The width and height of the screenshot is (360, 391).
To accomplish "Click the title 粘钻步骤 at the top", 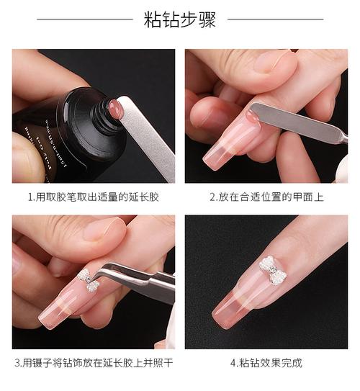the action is coord(179,19).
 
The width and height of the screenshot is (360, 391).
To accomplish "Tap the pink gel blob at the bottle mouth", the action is coord(114,106).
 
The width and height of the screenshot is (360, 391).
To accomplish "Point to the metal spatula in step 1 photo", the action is coord(147,137).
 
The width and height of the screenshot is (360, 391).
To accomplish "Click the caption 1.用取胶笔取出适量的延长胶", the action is coord(94,197).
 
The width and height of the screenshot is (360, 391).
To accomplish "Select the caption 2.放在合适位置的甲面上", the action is coord(266,197).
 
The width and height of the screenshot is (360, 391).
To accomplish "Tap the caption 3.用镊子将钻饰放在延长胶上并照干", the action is coord(94,363).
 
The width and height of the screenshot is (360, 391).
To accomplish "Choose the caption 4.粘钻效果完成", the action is coord(266,363).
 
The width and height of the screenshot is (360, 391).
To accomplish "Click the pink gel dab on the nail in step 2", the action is coord(253,117).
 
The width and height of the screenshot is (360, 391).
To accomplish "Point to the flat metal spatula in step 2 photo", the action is coord(297,122).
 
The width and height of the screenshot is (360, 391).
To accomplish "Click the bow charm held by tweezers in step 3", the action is coord(89,280).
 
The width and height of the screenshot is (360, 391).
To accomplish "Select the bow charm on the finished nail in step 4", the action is coord(272,270).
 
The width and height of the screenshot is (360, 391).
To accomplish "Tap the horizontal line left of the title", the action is coord(85,19).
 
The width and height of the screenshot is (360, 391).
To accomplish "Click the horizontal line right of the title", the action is coord(276,19).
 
